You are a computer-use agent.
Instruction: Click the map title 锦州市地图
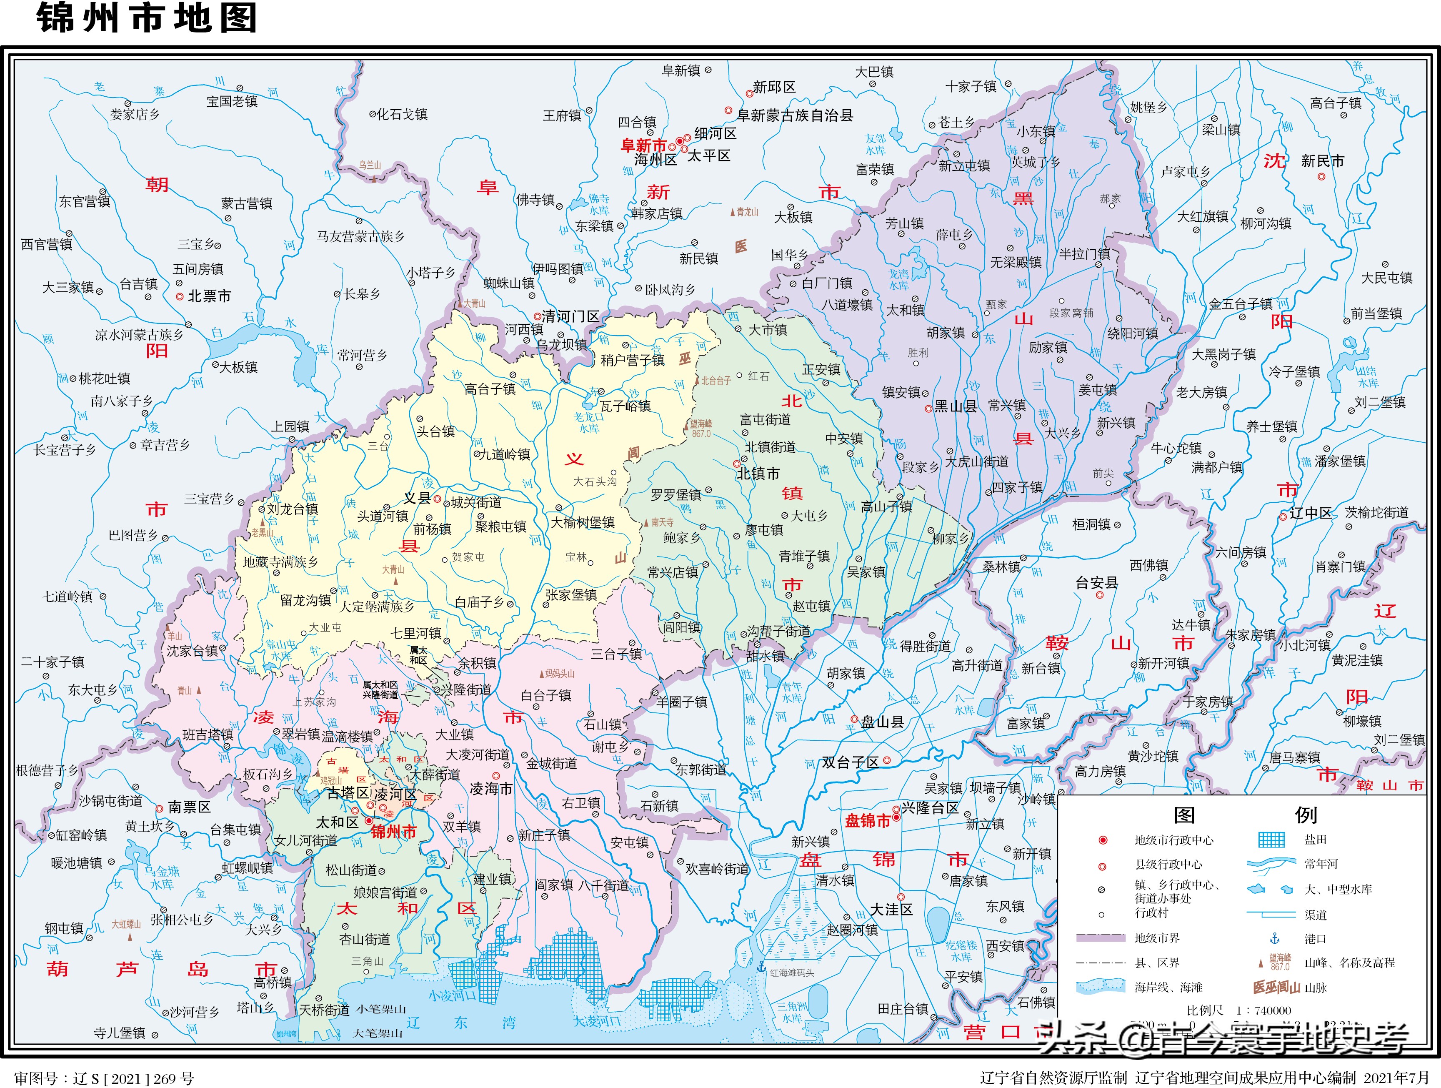click(147, 18)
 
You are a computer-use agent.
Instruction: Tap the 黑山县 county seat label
click(955, 406)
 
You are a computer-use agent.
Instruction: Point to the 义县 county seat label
click(417, 499)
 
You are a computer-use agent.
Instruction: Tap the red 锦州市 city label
click(393, 832)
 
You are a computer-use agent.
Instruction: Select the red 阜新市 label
click(643, 146)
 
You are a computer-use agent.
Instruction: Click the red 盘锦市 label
click(867, 821)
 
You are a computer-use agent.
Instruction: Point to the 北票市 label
click(209, 296)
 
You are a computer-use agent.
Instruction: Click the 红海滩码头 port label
click(791, 973)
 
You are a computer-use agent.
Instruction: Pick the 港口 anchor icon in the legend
click(1275, 939)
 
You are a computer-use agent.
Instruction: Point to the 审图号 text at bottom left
click(104, 1078)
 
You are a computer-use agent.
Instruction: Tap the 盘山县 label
click(882, 722)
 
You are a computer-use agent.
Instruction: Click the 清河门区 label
click(570, 317)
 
